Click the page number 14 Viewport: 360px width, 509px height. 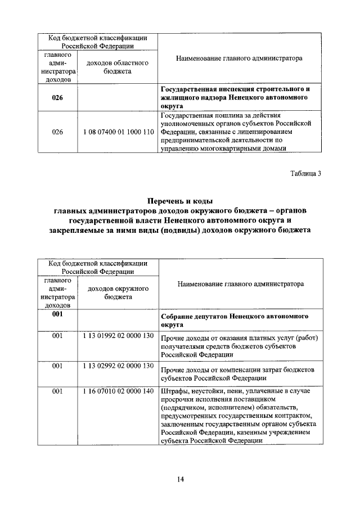point(180,479)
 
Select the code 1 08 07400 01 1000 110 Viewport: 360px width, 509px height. point(117,132)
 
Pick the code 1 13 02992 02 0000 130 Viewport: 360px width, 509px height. point(118,366)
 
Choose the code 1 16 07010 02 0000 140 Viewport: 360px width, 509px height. point(118,391)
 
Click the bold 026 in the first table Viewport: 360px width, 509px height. point(57,97)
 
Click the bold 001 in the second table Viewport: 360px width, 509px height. point(57,314)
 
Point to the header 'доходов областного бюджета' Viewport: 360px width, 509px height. point(117,67)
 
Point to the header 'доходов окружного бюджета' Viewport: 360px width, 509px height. point(118,292)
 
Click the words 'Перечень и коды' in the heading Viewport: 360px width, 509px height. point(179,201)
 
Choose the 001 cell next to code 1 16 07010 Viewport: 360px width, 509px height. point(57,391)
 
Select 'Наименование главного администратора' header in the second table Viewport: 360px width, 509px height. point(240,284)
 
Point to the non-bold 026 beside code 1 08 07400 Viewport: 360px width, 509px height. point(57,132)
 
